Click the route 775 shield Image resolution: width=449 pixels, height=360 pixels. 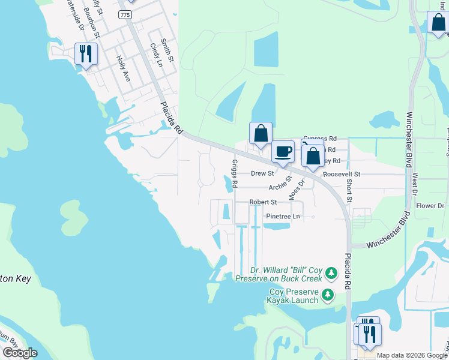(x=125, y=15)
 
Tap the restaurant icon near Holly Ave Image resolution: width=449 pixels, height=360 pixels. (x=85, y=54)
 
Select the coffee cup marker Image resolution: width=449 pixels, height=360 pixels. (x=283, y=152)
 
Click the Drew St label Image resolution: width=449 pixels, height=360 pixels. (x=262, y=173)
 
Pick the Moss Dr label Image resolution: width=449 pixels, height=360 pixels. (x=297, y=188)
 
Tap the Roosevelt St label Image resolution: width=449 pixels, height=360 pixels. (x=341, y=174)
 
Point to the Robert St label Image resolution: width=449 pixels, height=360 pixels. (x=263, y=203)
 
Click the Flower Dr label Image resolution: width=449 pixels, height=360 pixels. (x=430, y=206)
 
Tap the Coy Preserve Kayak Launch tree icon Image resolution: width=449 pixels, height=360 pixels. (x=328, y=295)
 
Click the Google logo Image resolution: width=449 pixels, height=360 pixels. (x=20, y=353)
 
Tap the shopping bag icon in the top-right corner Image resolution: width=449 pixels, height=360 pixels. (x=438, y=23)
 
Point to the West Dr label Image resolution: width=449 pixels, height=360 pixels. (x=414, y=184)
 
